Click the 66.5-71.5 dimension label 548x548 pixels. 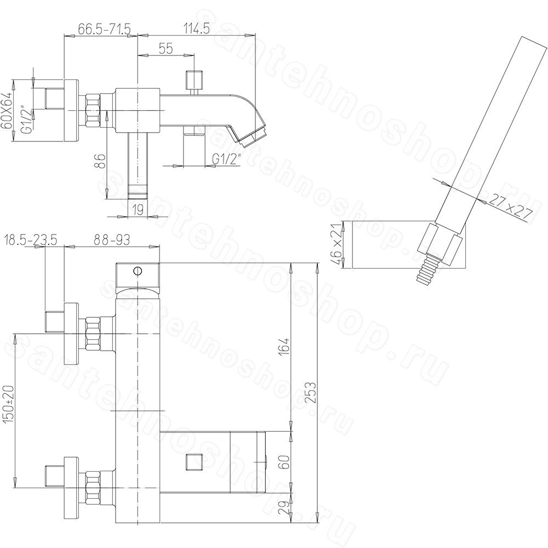click(x=104, y=28)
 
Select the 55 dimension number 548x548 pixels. click(x=165, y=49)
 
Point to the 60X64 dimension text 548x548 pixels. click(x=7, y=111)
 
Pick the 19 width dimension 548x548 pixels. click(x=139, y=210)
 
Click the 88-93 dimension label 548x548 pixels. click(x=112, y=240)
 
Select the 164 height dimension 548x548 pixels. click(x=285, y=346)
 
